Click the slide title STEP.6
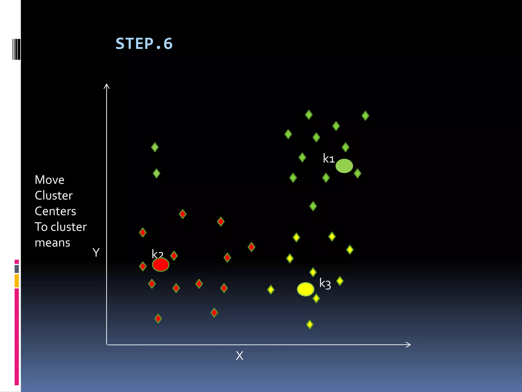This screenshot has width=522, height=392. [144, 44]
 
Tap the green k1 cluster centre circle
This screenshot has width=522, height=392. [344, 166]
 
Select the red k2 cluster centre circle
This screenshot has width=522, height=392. [161, 265]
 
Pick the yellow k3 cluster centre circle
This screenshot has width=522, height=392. [305, 289]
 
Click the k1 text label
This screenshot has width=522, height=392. [329, 159]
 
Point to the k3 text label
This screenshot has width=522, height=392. [325, 284]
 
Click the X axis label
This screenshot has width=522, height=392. [239, 356]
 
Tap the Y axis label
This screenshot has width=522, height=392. [96, 252]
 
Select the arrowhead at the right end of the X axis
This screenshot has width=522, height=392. [408, 345]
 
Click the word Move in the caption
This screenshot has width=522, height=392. [49, 180]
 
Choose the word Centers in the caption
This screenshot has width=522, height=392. [55, 211]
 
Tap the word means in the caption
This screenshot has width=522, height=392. [52, 243]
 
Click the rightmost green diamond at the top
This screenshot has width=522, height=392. [365, 116]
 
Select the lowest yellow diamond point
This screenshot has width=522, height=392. [310, 324]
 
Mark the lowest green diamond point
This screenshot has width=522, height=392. [313, 206]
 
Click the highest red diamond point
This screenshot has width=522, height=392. [182, 214]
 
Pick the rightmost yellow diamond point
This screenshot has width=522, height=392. [350, 250]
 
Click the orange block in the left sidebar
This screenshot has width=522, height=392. [17, 281]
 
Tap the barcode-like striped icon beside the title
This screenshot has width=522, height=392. [16, 49]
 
